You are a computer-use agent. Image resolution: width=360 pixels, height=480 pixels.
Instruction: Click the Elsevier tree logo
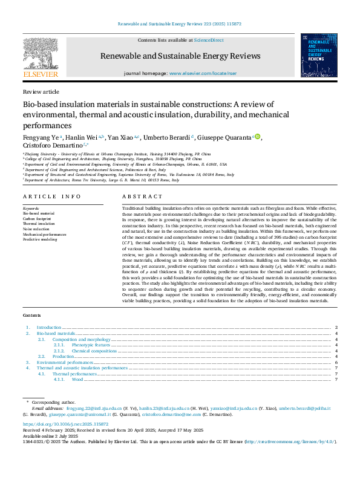pyautogui.click(x=41, y=57)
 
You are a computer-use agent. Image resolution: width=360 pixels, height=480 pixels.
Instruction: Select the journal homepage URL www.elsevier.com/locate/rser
pyautogui.click(x=202, y=73)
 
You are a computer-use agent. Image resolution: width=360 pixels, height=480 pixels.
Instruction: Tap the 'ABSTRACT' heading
pyautogui.click(x=142, y=196)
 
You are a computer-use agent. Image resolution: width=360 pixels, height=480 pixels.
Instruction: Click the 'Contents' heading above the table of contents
pyautogui.click(x=32, y=316)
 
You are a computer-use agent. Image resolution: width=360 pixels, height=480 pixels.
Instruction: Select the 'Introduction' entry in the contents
pyautogui.click(x=49, y=327)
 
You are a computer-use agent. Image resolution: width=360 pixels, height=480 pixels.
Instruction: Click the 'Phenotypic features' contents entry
pyautogui.click(x=91, y=345)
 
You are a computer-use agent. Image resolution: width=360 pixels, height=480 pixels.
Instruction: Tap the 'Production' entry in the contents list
pyautogui.click(x=63, y=356)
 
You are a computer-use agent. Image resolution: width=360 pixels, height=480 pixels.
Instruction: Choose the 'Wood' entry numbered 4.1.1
pyautogui.click(x=77, y=379)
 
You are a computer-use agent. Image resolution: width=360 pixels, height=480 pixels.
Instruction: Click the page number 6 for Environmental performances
pyautogui.click(x=335, y=362)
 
